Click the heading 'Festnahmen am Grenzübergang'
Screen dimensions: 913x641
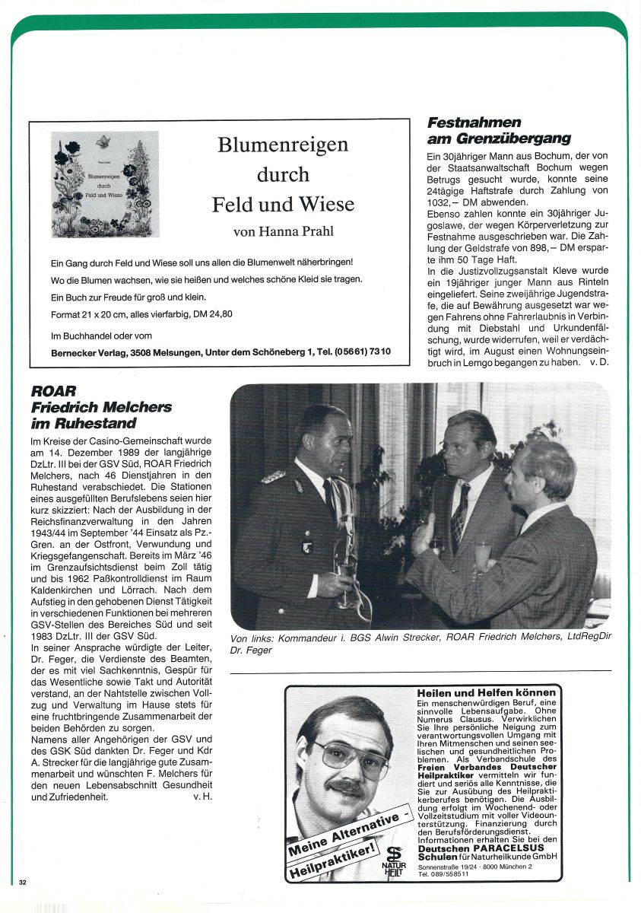(498, 130)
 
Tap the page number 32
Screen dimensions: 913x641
(23, 882)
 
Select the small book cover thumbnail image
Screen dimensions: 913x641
(105, 184)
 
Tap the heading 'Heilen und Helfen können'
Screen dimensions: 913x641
(486, 692)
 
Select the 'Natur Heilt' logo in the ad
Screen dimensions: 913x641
(394, 861)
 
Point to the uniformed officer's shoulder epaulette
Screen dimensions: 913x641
(273, 477)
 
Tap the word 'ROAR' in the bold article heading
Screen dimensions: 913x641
(53, 391)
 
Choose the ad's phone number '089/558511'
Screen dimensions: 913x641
(446, 874)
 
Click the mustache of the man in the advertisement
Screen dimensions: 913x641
(346, 788)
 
